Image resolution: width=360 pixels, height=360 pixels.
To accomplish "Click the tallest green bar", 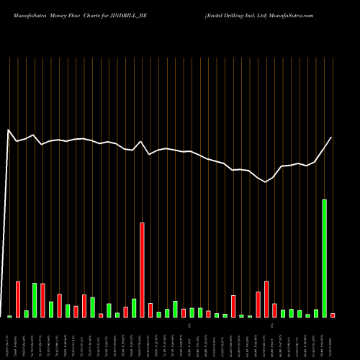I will pyautogui.click(x=324, y=258).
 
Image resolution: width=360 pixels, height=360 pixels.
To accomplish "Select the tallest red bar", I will pyautogui.click(x=142, y=270).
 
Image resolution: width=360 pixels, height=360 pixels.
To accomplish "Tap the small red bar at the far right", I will pyautogui.click(x=333, y=315).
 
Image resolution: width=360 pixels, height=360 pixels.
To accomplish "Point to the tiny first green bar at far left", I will pyautogui.click(x=9, y=316).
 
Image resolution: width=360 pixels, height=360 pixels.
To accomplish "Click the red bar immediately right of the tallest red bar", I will pyautogui.click(x=150, y=310).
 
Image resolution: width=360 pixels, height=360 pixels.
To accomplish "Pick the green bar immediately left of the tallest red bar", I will pyautogui.click(x=134, y=308).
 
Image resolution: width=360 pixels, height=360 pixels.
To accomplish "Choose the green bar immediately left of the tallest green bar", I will pyautogui.click(x=316, y=313).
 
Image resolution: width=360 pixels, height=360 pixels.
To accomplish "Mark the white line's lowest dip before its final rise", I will pyautogui.click(x=266, y=182).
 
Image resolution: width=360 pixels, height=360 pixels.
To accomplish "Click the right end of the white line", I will pyautogui.click(x=332, y=137).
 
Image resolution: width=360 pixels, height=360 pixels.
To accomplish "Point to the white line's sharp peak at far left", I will pyautogui.click(x=9, y=130).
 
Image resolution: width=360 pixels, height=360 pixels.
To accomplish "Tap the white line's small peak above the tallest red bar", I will pyautogui.click(x=141, y=142).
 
